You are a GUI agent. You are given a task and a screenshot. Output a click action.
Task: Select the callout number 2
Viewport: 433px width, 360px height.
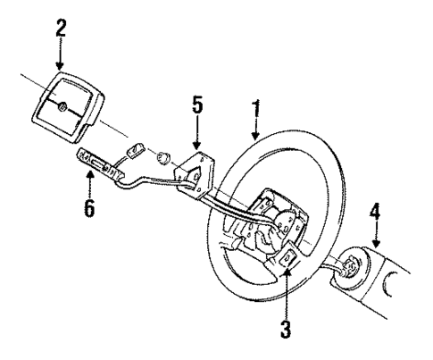coord(60,28)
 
